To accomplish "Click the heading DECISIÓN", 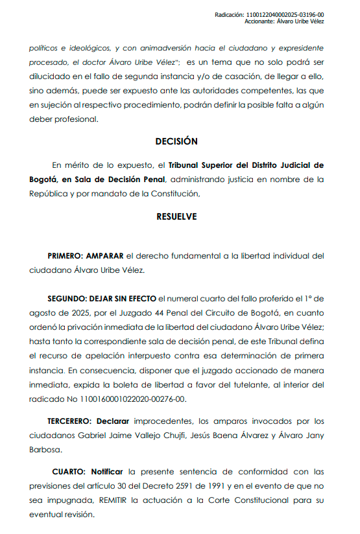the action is point(176,141).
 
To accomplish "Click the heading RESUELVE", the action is point(176,216).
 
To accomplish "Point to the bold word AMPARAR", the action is point(106,256).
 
